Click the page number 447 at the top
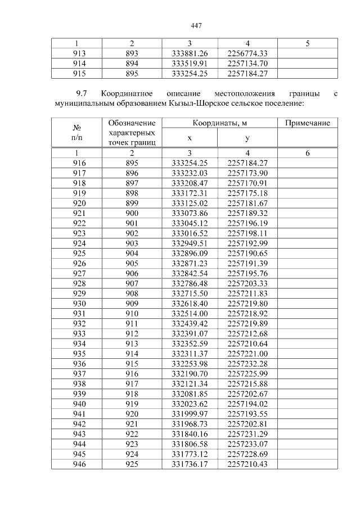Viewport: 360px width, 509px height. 196,26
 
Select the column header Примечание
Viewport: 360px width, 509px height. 307,123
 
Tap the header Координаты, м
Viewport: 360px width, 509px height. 219,123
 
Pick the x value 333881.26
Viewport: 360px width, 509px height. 190,53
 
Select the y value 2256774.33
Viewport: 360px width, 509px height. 247,53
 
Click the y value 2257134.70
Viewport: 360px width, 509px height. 247,64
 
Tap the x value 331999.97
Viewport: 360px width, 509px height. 190,413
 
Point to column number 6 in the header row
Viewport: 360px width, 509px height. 307,153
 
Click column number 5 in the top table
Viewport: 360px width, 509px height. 307,43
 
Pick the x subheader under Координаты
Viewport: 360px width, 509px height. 190,138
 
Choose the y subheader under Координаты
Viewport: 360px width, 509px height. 247,138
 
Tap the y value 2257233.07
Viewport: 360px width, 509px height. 247,443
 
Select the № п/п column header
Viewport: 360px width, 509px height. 76,132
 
